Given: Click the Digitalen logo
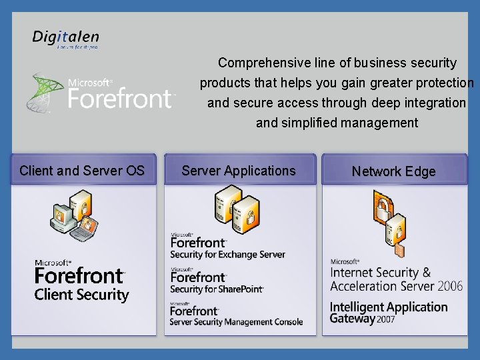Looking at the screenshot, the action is (65, 39).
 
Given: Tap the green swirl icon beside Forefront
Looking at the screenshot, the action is (45, 91).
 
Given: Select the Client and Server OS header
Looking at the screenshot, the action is (82, 171).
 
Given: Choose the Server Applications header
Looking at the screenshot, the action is (238, 171).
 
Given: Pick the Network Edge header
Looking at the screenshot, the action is (393, 171).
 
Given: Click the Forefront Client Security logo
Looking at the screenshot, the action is (81, 281).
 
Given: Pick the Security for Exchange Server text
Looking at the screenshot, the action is (227, 254).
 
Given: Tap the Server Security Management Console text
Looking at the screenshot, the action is (236, 322).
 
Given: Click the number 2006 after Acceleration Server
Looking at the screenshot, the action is (450, 286).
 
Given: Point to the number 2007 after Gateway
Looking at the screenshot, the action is (387, 319).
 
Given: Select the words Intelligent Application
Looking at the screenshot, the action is (389, 307).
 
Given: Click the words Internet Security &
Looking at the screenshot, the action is (381, 273).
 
